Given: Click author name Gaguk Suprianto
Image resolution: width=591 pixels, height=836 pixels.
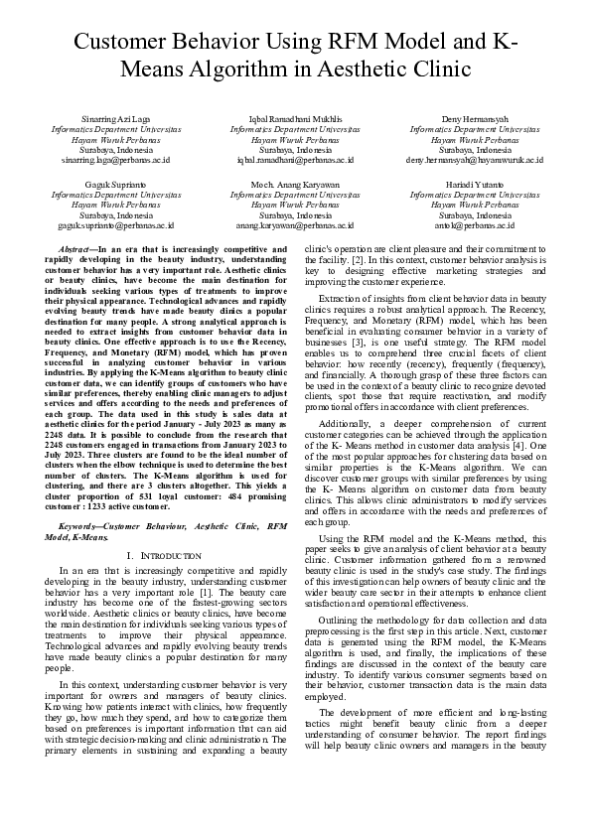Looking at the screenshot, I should coord(116,186).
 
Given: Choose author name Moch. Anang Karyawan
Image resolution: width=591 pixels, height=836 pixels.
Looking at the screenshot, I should coord(295,186).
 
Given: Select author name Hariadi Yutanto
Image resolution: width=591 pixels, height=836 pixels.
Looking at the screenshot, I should coord(474,186).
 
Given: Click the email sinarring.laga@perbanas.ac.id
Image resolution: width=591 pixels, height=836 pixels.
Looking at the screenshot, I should coord(116,159).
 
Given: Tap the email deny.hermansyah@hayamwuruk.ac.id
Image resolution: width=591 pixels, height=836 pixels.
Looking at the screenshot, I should coord(474,159).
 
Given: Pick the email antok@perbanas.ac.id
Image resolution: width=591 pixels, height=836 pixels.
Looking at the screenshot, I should coord(474,226).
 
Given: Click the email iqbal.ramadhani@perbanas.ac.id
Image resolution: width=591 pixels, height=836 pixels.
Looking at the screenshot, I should coord(295,159).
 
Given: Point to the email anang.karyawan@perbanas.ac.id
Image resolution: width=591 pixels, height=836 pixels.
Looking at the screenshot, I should coord(295,226).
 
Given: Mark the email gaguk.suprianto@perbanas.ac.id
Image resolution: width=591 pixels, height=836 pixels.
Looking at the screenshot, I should coord(116,226).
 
